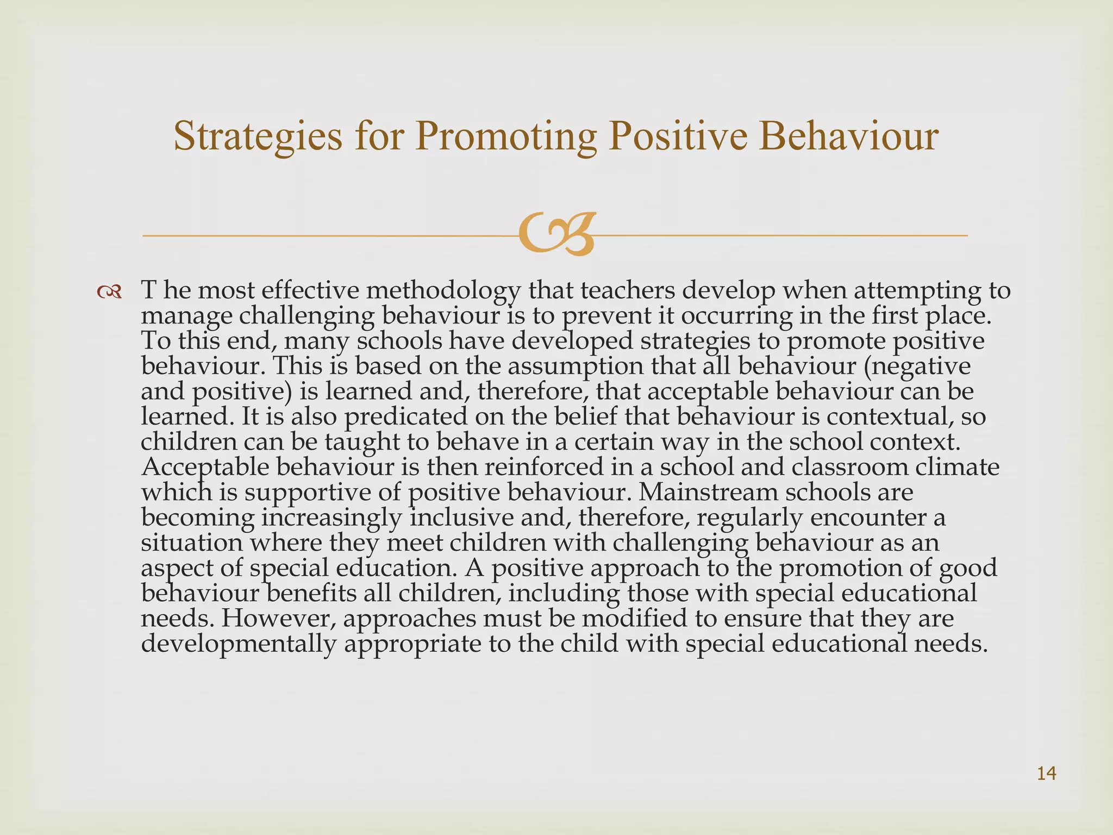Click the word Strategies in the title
point(258,136)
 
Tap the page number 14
point(1047,773)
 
